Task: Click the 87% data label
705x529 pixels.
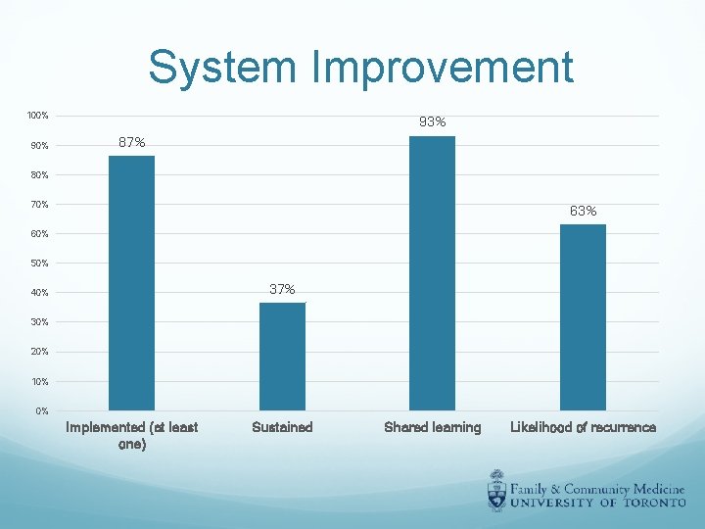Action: pyautogui.click(x=132, y=143)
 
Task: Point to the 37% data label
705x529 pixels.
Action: pyautogui.click(x=282, y=289)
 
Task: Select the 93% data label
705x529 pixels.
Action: pyautogui.click(x=433, y=122)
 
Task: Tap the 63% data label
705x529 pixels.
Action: pyautogui.click(x=584, y=212)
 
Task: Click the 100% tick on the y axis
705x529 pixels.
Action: pyautogui.click(x=38, y=117)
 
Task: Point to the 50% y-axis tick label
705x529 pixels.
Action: pyautogui.click(x=38, y=264)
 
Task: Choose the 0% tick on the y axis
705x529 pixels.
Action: pyautogui.click(x=41, y=410)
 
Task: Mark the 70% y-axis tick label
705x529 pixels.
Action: pyautogui.click(x=38, y=205)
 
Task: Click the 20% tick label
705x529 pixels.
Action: pyautogui.click(x=38, y=352)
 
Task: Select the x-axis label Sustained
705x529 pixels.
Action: pyautogui.click(x=282, y=427)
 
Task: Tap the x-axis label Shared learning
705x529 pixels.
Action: pyautogui.click(x=433, y=427)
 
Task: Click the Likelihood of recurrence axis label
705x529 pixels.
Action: pyautogui.click(x=583, y=427)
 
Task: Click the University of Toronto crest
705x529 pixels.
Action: pyautogui.click(x=499, y=491)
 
